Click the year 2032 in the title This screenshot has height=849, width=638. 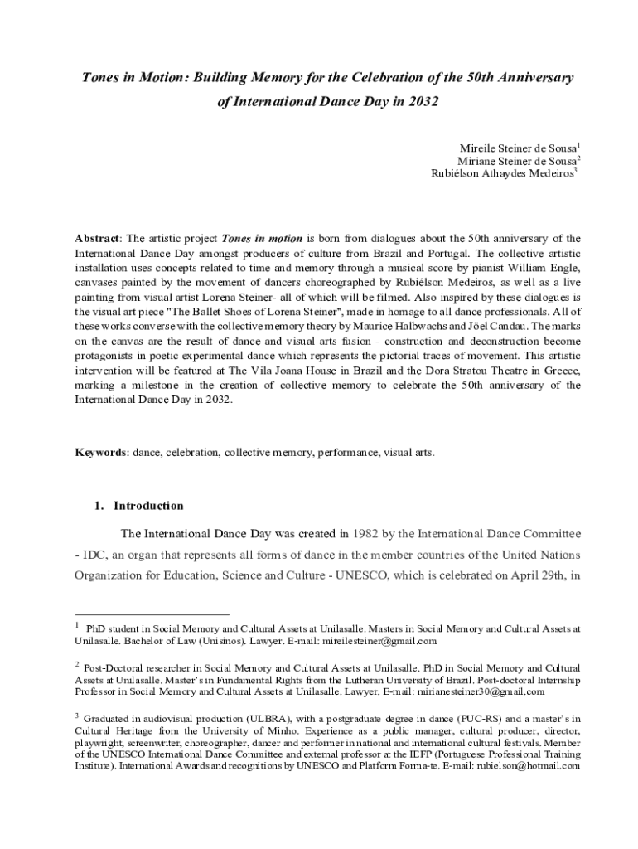point(422,102)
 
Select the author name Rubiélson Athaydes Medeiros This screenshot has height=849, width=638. point(503,173)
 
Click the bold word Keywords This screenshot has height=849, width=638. point(100,454)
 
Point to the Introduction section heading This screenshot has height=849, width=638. point(148,506)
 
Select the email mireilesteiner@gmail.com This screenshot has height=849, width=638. point(374,641)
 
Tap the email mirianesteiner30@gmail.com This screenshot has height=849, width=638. point(475,691)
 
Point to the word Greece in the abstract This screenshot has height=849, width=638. point(562,370)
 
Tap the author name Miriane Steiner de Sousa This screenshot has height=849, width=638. point(517,160)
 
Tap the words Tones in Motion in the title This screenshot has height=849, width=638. point(132,78)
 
